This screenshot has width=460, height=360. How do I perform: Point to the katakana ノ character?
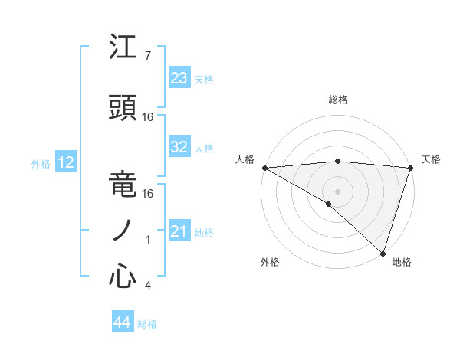pyautogui.click(x=123, y=231)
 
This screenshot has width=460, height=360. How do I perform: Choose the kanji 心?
pyautogui.click(x=123, y=277)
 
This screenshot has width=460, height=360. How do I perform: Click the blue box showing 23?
pyautogui.click(x=179, y=78)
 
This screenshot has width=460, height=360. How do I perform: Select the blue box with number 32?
pyautogui.click(x=179, y=147)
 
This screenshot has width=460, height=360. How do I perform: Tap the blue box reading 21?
pyautogui.click(x=179, y=231)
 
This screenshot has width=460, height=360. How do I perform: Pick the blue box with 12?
pyautogui.click(x=66, y=162)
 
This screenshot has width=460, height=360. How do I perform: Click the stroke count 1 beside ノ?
pyautogui.click(x=148, y=240)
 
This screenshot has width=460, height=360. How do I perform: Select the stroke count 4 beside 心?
pyautogui.click(x=147, y=286)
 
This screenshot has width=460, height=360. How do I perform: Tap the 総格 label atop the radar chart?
pyautogui.click(x=337, y=100)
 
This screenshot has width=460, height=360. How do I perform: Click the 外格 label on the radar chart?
pyautogui.click(x=270, y=262)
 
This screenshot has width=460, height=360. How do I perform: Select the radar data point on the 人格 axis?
pyautogui.click(x=264, y=168)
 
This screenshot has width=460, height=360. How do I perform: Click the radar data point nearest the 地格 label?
pyautogui.click(x=383, y=252)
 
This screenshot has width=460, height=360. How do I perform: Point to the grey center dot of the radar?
pyautogui.click(x=337, y=191)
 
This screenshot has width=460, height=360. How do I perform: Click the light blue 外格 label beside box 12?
pyautogui.click(x=41, y=163)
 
